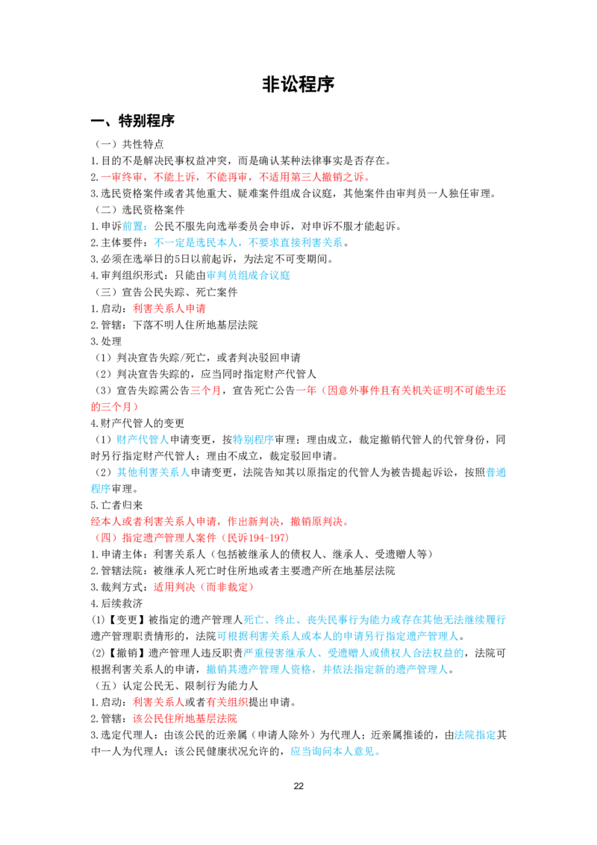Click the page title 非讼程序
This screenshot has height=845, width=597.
coord(298,84)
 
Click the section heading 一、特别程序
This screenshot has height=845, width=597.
coord(133,121)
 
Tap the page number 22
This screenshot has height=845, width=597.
coord(298,786)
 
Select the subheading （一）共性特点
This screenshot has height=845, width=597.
coord(129,144)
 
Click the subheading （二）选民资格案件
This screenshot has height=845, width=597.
coord(140,210)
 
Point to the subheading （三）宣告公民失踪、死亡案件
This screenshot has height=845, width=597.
coord(166,292)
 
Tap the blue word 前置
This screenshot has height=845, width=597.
coord(133,226)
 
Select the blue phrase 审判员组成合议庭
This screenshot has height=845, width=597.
coord(249,276)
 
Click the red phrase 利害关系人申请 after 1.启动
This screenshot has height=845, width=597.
coord(169,309)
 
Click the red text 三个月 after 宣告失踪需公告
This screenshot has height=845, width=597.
coord(205,390)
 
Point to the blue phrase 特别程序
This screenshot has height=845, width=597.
coord(253,440)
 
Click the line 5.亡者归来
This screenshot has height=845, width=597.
coord(117,505)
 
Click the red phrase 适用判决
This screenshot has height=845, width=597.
coord(174,587)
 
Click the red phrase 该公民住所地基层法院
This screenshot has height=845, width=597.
coord(185,719)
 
